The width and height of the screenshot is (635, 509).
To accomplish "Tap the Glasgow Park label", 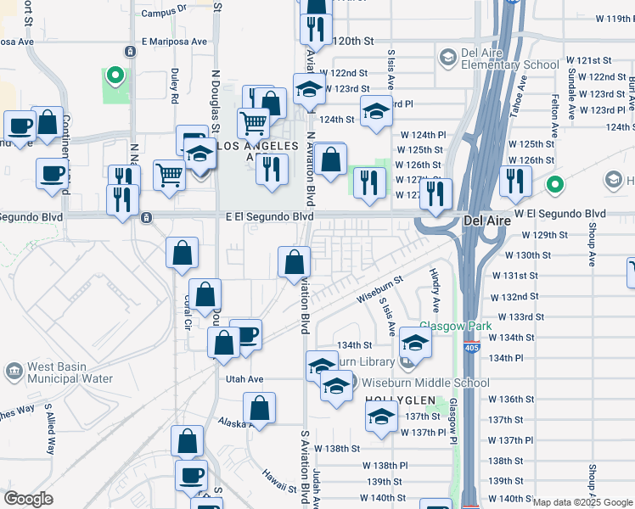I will tap(444, 327).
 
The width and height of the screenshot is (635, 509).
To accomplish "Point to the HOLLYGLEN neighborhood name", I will tap(400, 400).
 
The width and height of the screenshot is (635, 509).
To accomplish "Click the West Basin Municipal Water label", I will tap(70, 373).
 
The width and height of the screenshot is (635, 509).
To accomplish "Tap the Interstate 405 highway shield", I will tap(470, 347).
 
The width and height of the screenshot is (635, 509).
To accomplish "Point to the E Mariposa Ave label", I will tap(174, 41).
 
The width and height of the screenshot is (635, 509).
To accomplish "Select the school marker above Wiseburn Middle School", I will tap(415, 343).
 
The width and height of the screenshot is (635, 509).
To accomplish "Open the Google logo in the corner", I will tap(28, 500).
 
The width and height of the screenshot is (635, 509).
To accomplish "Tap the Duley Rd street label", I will tap(174, 86).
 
